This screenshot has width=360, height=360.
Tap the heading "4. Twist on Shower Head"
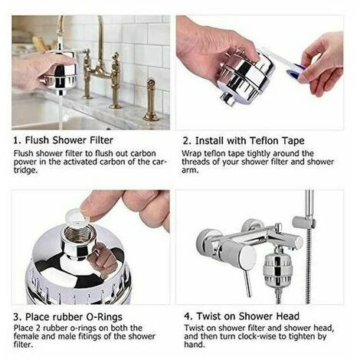[x=240, y=316]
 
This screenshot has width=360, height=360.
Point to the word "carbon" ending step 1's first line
[x=149, y=152]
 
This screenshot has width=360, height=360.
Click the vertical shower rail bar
[x=309, y=230]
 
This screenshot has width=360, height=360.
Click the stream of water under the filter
[x=59, y=107]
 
